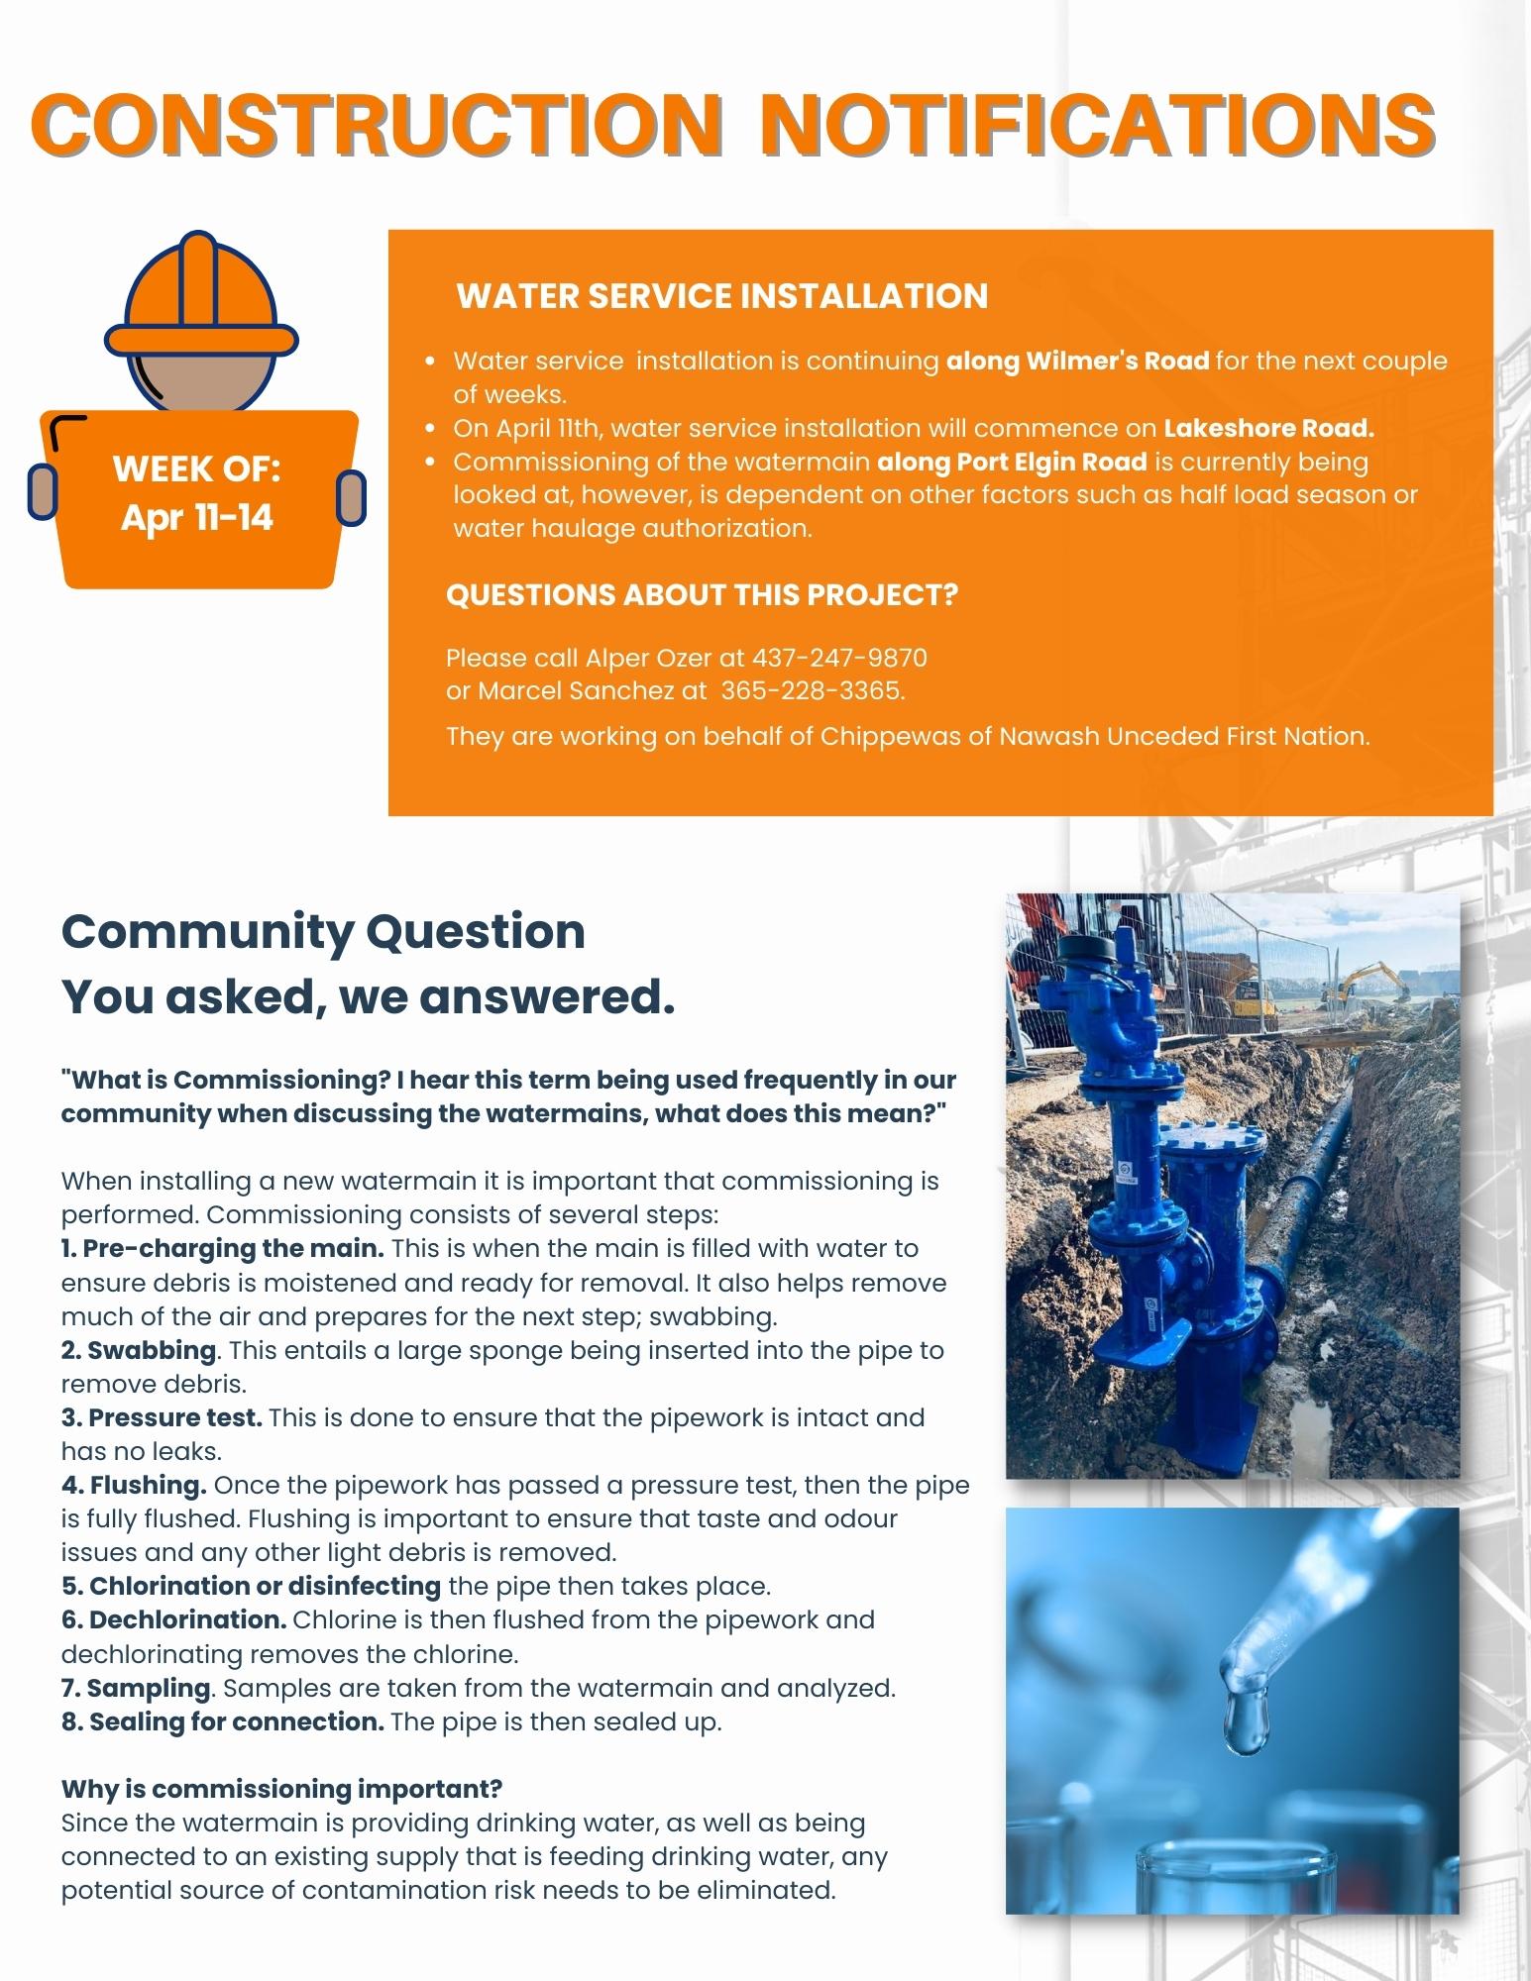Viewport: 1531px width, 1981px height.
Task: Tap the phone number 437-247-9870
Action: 839,658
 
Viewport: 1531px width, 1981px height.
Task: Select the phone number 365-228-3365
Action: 812,690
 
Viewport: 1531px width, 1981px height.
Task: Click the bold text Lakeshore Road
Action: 1268,428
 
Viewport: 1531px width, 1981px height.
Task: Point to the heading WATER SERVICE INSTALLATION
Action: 721,296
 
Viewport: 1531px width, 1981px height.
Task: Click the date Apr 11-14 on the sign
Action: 197,516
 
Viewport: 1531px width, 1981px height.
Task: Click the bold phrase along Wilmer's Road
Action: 1077,361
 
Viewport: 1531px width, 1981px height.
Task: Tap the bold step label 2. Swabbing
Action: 139,1350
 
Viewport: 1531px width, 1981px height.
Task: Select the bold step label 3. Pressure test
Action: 162,1417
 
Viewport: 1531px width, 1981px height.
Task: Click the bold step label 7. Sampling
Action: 136,1687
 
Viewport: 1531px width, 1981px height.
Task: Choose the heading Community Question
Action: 323,932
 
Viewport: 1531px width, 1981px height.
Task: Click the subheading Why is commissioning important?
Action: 281,1789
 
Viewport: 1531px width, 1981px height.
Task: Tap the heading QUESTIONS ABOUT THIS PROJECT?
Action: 702,595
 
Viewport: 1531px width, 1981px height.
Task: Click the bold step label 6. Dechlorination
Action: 174,1619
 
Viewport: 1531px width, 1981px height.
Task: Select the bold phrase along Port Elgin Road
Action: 1012,462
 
